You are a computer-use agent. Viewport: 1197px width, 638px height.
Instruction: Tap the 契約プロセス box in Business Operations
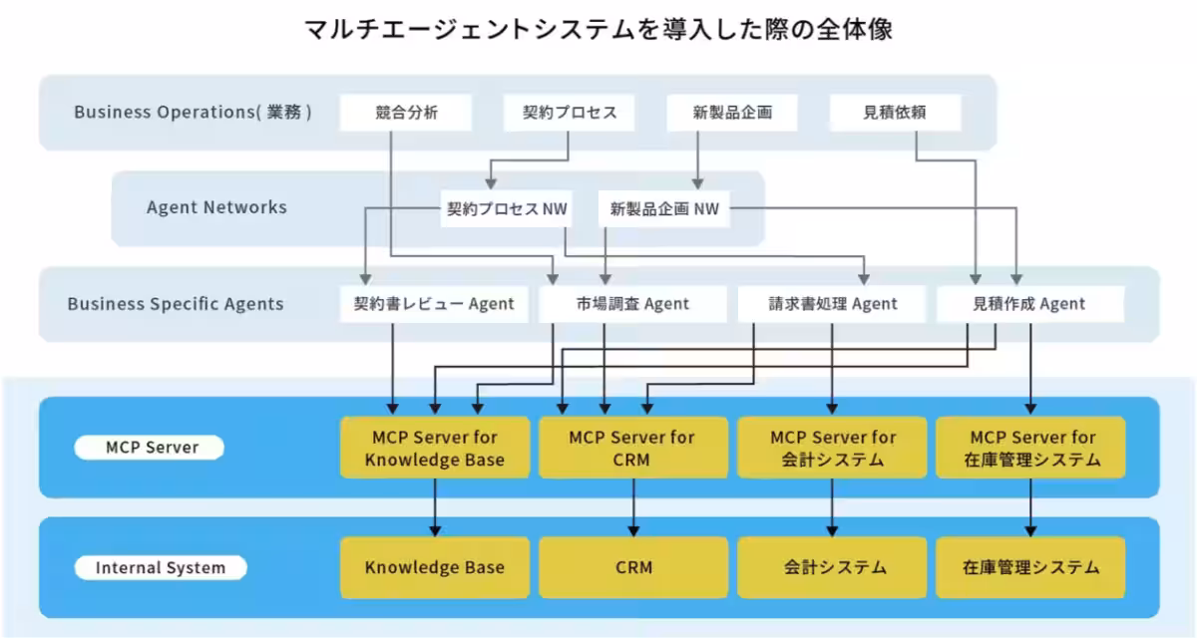click(x=570, y=113)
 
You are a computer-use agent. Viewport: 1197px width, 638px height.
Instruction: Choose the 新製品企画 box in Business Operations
click(x=732, y=113)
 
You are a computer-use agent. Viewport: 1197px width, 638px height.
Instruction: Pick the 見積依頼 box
click(x=895, y=113)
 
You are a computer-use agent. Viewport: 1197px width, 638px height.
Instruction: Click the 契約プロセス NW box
click(x=506, y=209)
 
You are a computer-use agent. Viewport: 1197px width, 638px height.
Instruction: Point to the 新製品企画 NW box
click(x=663, y=209)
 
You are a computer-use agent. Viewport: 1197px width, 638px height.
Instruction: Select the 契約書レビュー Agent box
click(x=434, y=304)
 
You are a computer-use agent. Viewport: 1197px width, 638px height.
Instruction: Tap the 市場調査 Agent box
click(x=632, y=304)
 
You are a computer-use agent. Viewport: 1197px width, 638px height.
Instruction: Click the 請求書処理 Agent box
click(x=833, y=304)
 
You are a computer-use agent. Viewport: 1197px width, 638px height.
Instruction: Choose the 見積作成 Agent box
click(x=1029, y=304)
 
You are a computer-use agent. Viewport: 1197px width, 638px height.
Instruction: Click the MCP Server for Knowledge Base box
click(x=434, y=448)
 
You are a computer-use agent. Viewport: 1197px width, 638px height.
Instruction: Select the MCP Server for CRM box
click(x=632, y=448)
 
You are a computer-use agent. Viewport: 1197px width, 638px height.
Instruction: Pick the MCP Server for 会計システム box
click(x=833, y=448)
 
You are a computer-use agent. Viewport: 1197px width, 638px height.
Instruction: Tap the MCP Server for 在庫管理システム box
click(x=1029, y=448)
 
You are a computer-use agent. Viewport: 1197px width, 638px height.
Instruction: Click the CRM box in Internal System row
click(x=632, y=567)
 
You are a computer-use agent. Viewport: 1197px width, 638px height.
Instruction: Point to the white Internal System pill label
click(x=160, y=568)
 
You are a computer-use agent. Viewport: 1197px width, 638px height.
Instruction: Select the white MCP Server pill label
click(x=150, y=448)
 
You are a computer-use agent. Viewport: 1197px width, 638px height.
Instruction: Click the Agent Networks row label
click(x=216, y=207)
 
